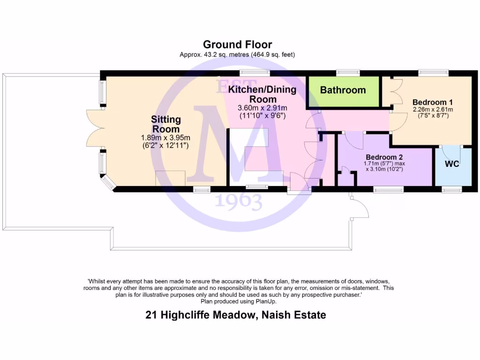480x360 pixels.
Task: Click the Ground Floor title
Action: tap(237, 45)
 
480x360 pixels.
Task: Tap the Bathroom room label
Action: tap(343, 90)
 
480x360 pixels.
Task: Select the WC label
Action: tap(452, 164)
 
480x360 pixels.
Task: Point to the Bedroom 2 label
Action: tap(384, 157)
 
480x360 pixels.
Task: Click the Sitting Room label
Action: tap(165, 124)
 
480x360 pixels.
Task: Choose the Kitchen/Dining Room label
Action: tap(262, 94)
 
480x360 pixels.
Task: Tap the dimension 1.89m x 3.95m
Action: tap(165, 138)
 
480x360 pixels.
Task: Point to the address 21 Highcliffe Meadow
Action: tap(201, 315)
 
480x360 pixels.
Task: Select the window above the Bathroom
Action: tap(348, 73)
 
